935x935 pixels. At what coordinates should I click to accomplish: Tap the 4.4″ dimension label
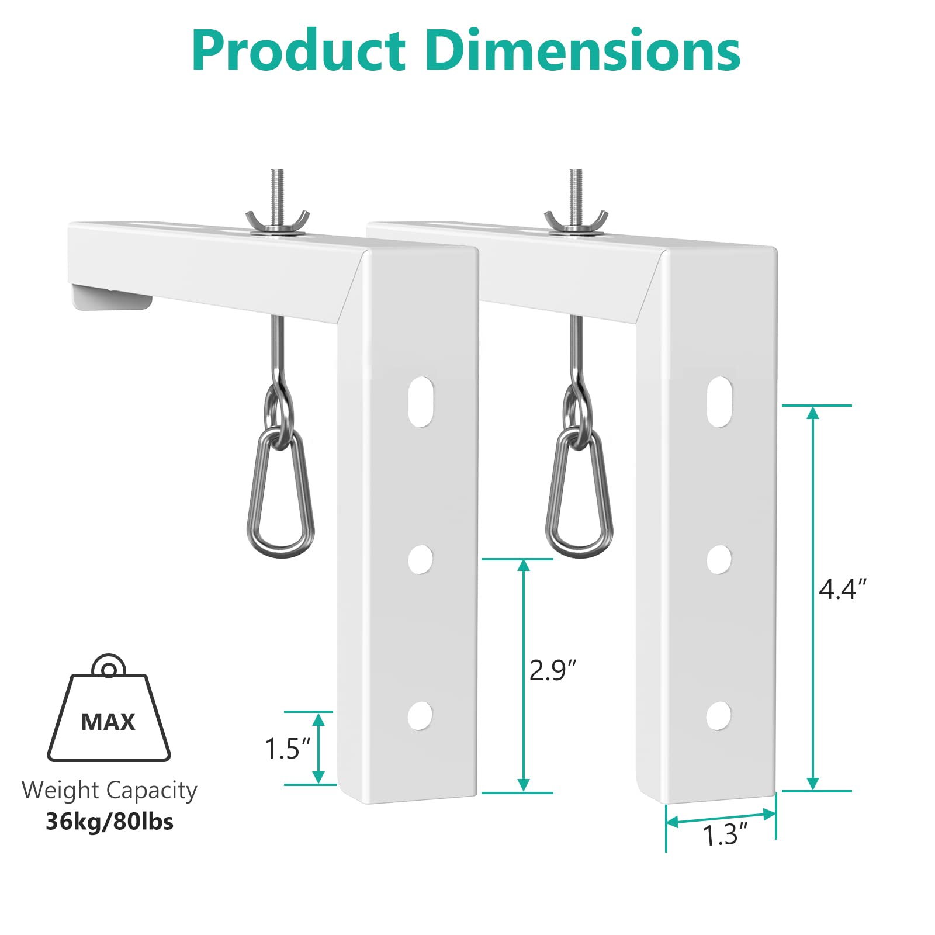click(842, 588)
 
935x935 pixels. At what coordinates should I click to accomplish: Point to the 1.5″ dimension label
click(287, 749)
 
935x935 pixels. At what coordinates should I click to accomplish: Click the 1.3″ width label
click(725, 835)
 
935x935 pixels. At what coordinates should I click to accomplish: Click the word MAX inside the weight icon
click(108, 722)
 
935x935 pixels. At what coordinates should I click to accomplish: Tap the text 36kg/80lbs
click(110, 822)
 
